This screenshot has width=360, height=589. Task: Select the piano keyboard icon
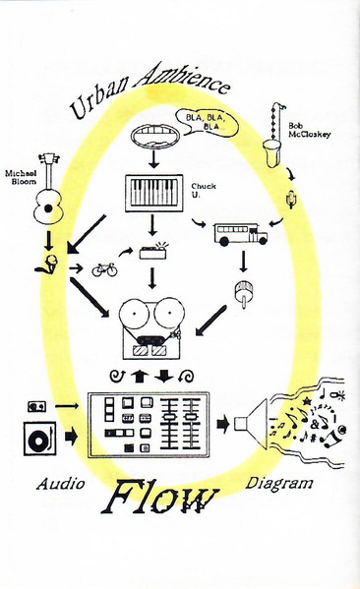pyautogui.click(x=153, y=193)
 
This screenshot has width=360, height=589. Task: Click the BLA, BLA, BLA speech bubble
pyautogui.click(x=208, y=122)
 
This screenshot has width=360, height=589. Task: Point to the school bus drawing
pyautogui.click(x=241, y=234)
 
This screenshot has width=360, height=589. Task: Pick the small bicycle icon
pyautogui.click(x=104, y=269)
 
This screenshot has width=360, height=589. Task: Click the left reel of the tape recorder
pyautogui.click(x=134, y=314)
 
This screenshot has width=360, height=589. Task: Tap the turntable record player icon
pyautogui.click(x=39, y=439)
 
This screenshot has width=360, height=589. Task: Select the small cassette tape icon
pyautogui.click(x=36, y=406)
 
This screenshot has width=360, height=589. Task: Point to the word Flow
pyautogui.click(x=160, y=497)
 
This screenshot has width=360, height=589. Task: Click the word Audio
pyautogui.click(x=60, y=484)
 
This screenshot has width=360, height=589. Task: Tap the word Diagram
pyautogui.click(x=279, y=484)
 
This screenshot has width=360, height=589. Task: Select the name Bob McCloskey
pyautogui.click(x=309, y=130)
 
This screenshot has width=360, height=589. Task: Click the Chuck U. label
pyautogui.click(x=204, y=191)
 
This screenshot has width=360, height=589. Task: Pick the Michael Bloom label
pyautogui.click(x=21, y=177)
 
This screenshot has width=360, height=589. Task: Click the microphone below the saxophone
pyautogui.click(x=291, y=199)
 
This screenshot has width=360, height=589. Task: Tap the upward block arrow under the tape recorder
pyautogui.click(x=139, y=376)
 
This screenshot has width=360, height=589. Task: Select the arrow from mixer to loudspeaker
pyautogui.click(x=223, y=424)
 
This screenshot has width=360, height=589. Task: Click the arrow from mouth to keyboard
pyautogui.click(x=152, y=159)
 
